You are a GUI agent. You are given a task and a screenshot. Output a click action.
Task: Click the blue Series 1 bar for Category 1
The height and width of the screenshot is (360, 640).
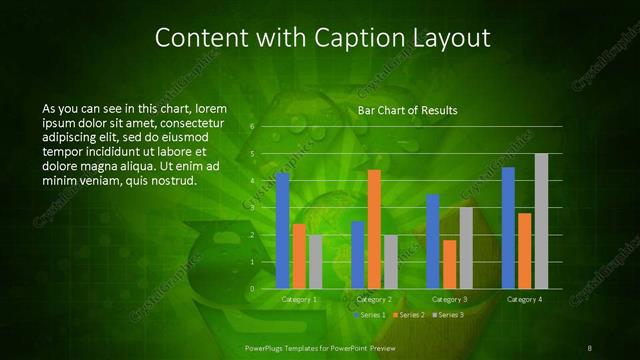pos(283,230)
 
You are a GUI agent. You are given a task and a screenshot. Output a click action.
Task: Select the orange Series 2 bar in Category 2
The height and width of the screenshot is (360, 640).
pos(374,229)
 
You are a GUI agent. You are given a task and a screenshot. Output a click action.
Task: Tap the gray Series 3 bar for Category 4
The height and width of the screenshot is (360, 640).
pos(541,221)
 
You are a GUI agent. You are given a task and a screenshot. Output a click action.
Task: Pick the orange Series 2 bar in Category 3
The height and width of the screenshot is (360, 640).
pos(449,264)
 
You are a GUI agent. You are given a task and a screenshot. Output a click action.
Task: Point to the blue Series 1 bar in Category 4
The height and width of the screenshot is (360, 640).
pos(508,228)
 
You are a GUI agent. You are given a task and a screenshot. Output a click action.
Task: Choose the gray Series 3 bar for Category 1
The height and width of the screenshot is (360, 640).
pos(316,261)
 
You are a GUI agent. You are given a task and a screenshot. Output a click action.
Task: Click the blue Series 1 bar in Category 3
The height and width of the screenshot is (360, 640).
pos(433,241)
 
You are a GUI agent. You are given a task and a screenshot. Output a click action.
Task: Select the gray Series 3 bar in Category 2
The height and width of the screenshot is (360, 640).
pos(391,261)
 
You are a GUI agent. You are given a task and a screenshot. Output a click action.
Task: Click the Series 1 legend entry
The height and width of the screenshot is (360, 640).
pos(370,315)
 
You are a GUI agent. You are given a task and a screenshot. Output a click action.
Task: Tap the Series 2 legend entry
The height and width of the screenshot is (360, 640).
pos(409,315)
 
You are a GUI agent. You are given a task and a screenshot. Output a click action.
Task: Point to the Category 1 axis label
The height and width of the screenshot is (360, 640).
pos(299,299)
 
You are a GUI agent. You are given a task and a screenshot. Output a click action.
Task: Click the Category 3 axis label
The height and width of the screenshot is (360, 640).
pos(449,299)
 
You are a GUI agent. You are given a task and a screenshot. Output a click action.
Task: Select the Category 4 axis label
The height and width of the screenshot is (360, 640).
pos(524,299)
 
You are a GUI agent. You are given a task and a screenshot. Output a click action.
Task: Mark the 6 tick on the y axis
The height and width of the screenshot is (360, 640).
pos(252,127)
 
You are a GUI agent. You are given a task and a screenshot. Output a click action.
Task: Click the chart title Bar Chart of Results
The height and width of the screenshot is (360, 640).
pos(407,111)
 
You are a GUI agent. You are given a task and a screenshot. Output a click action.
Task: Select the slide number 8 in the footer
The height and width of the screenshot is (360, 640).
pos(590,348)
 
